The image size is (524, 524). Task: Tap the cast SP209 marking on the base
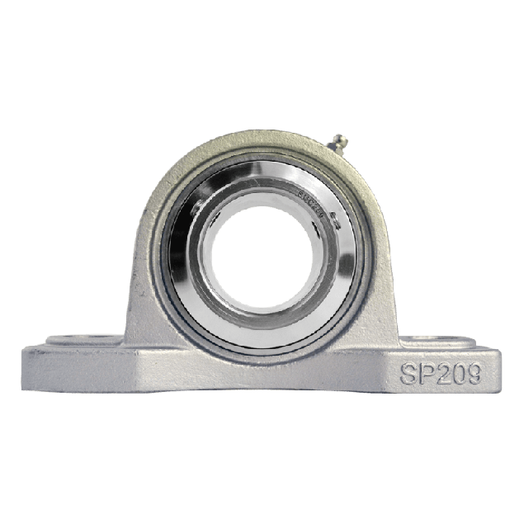441,373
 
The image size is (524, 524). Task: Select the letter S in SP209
409,373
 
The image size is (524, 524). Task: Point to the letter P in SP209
426,373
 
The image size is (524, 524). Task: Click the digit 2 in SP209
442,373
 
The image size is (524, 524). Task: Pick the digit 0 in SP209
458,373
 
